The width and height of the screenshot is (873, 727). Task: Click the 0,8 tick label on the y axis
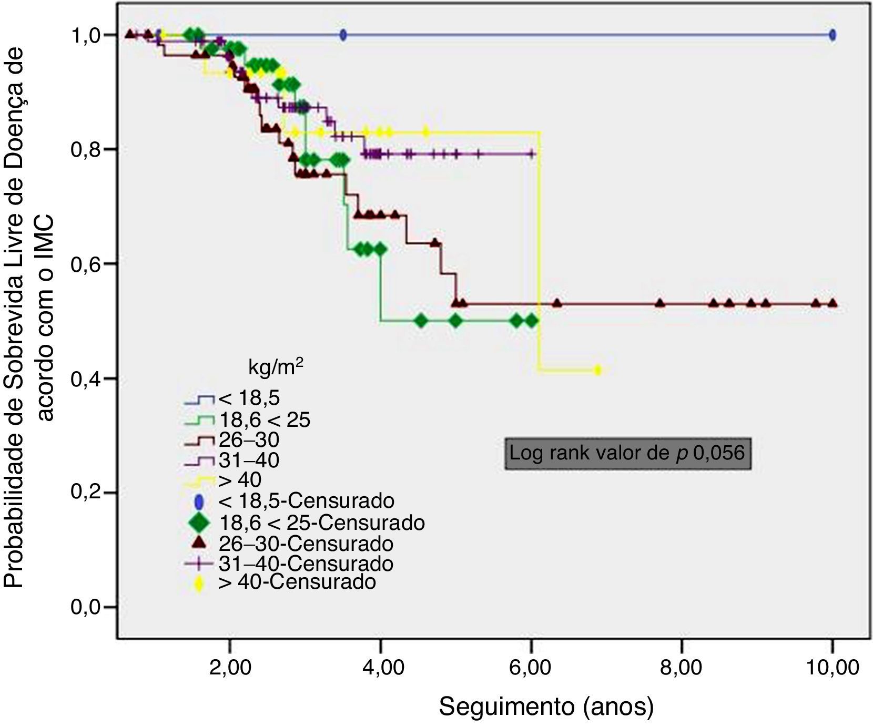[86, 149]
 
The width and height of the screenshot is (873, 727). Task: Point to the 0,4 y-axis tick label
[86, 378]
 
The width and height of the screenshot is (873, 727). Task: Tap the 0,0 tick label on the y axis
[86, 607]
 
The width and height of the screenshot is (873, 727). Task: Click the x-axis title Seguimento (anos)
[546, 707]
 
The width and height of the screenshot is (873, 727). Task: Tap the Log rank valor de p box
[627, 453]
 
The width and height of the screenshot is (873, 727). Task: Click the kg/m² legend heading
[275, 368]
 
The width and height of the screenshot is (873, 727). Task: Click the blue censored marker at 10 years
[833, 35]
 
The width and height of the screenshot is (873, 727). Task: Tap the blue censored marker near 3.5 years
[343, 35]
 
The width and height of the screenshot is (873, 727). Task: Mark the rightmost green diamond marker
[532, 320]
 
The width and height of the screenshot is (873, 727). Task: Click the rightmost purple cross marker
[532, 154]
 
